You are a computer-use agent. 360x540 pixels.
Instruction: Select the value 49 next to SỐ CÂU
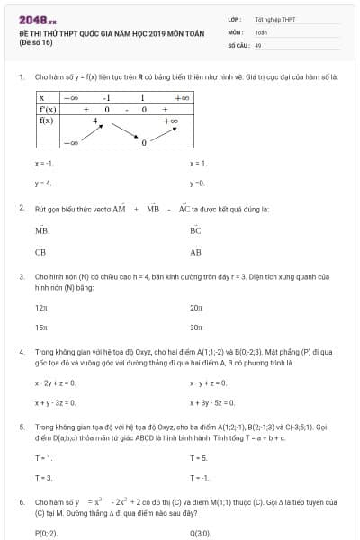point(258,44)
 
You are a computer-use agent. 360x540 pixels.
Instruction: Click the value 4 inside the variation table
point(94,120)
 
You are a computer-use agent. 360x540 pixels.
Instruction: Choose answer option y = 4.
point(43,183)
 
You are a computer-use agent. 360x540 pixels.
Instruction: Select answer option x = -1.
point(44,163)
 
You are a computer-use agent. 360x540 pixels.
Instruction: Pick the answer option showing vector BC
point(195,230)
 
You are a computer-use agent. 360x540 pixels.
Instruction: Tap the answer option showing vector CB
point(40,252)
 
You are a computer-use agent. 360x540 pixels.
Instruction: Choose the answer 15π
point(40,328)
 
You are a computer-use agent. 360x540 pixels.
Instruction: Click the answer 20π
point(195,308)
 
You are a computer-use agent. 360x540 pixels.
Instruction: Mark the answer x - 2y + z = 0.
point(55,382)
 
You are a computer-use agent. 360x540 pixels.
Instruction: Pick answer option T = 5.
point(198,458)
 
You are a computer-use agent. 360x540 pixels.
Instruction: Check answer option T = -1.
point(199,477)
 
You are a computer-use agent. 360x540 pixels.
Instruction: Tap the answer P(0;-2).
point(46,534)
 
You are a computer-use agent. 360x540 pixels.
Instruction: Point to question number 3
point(21,277)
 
